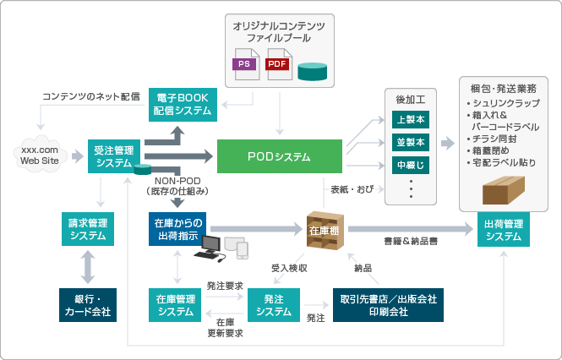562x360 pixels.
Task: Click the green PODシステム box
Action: pos(280,156)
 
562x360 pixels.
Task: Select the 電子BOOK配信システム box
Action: pos(183,102)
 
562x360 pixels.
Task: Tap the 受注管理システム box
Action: pos(114,156)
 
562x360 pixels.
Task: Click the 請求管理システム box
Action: pos(88,229)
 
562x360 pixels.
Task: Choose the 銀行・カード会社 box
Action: pos(88,304)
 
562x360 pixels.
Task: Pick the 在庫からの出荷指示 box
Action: pos(177,229)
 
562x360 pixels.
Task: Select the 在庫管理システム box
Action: pos(177,304)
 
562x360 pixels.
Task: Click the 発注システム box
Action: pos(274,304)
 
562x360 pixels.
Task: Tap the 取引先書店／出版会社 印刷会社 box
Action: pos(389,304)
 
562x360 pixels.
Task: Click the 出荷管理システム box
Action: pos(504,229)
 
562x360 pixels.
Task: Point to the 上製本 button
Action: pos(411,118)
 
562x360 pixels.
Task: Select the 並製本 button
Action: pos(411,140)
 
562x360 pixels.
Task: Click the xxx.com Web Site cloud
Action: pos(41,155)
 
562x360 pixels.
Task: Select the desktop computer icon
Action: pos(209,248)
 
